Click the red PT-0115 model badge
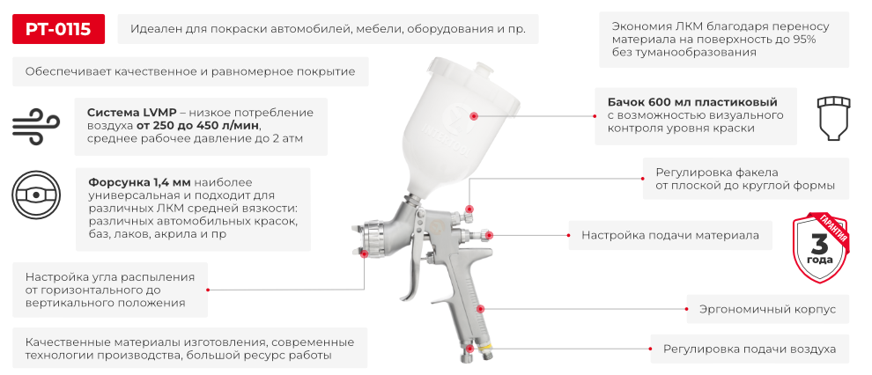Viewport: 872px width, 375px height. point(58,29)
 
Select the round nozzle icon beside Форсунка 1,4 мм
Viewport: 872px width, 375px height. point(36,195)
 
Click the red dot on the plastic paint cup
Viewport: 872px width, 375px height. point(474,115)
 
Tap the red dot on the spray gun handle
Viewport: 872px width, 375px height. point(481,309)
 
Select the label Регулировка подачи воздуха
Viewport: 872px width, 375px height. point(750,349)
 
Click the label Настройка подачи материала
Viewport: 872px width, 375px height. point(669,236)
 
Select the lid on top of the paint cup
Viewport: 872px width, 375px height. point(459,65)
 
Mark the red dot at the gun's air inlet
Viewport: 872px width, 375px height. point(474,349)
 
